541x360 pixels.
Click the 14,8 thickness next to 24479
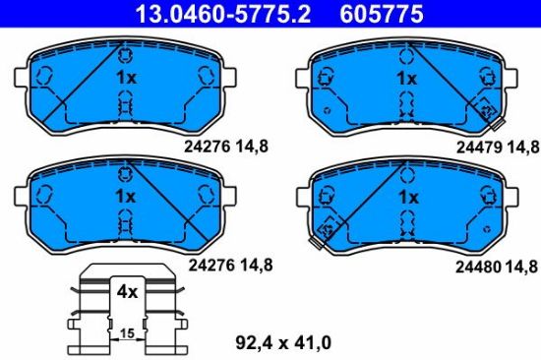click(520, 147)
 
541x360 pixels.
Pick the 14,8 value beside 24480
click(520, 266)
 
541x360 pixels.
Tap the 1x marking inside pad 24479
click(406, 78)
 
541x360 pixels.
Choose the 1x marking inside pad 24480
click(406, 197)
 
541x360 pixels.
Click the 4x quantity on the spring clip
click(127, 292)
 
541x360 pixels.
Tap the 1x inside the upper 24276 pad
click(125, 78)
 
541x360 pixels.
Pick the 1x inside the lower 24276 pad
click(125, 197)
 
